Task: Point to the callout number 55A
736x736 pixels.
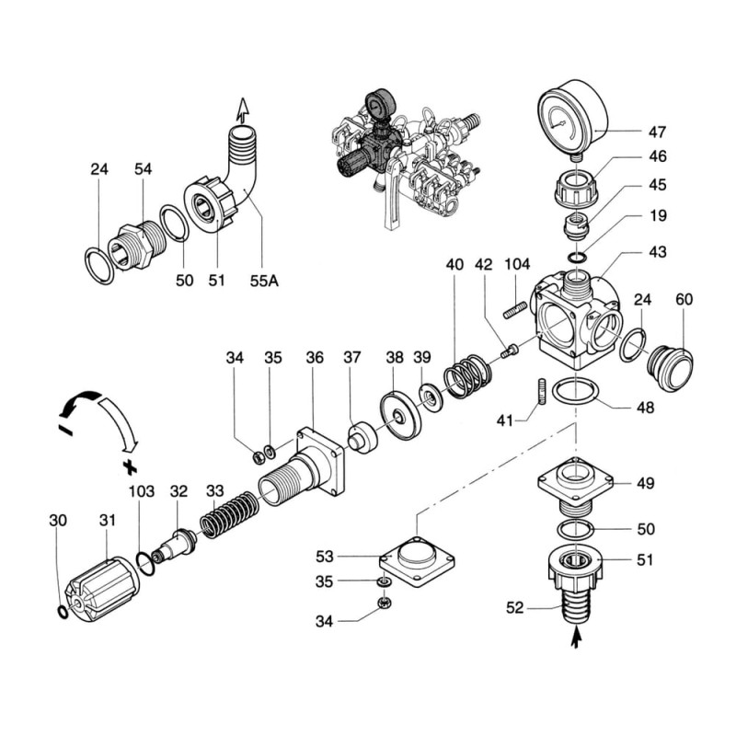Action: click(x=266, y=281)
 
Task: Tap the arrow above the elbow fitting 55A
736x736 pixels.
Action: click(x=243, y=109)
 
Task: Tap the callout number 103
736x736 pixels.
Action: click(x=142, y=492)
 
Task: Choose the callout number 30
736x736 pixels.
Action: click(x=58, y=520)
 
